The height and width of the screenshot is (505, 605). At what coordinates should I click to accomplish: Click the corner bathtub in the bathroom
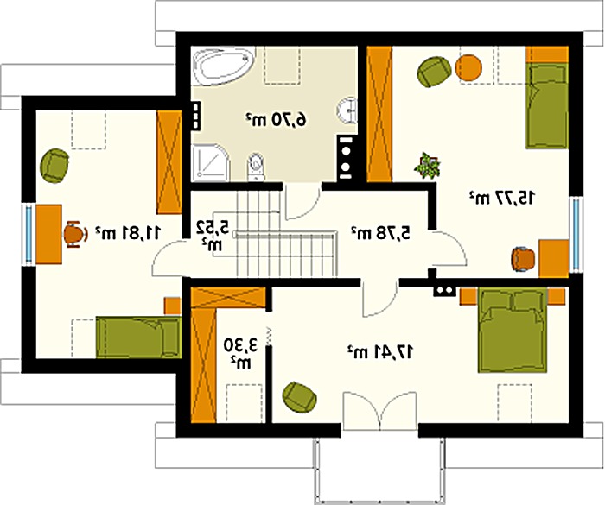pos(222,66)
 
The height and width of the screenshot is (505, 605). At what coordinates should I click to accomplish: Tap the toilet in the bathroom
pos(256,167)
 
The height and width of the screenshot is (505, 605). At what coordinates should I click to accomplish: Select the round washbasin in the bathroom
pos(347,110)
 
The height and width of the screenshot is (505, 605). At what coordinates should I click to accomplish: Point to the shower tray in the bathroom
pos(211,162)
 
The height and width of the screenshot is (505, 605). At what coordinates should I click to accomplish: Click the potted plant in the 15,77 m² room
pos(428,166)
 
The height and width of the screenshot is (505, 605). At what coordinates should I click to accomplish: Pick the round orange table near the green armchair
pos(468,68)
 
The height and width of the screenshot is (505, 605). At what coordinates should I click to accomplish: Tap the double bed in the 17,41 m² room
pos(513,330)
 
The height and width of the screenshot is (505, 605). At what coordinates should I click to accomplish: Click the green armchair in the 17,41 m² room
pos(300,397)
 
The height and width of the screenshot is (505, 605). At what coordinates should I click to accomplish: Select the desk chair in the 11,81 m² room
pos(75,234)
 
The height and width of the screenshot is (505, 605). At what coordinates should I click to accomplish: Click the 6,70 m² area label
pos(277,120)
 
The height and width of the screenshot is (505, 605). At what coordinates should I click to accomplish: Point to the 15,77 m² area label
pos(502,198)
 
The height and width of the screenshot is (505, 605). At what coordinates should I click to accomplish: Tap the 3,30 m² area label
pos(241,354)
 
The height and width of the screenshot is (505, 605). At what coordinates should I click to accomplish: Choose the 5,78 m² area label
pos(381,233)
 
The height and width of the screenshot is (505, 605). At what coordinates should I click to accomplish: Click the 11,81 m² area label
pos(129,232)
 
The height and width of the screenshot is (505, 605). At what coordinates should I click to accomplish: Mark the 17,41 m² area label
pos(381,351)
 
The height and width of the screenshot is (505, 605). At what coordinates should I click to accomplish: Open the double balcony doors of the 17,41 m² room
pos(380,411)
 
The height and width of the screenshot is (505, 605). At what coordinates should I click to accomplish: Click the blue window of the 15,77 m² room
pos(576,235)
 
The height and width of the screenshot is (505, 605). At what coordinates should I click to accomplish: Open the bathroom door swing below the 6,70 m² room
pos(302,202)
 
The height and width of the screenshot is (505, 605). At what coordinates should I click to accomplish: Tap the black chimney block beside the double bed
pos(445,291)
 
